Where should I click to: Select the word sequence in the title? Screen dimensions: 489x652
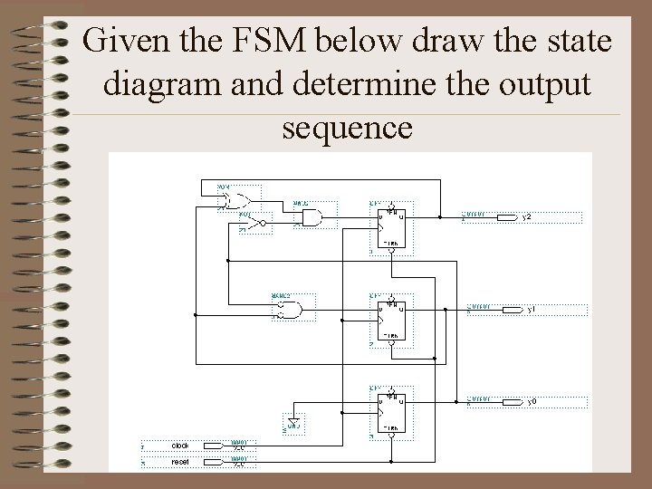point(347,128)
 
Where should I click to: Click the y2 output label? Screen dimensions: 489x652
point(527,217)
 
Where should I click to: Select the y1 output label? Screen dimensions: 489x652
point(532,310)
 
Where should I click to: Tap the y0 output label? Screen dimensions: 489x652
point(532,401)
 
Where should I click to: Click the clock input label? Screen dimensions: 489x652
point(180,446)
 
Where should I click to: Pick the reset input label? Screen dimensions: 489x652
point(180,463)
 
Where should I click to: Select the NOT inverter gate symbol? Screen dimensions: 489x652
point(260,223)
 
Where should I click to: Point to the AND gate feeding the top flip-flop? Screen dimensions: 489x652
point(312,217)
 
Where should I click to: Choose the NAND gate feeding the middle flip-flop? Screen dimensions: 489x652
point(292,311)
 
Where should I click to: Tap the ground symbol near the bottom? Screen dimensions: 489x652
point(294,421)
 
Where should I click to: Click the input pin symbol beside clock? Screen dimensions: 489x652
point(214,446)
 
